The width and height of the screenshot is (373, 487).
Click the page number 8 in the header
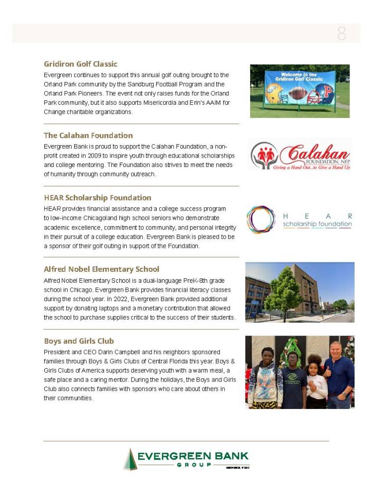[342, 33]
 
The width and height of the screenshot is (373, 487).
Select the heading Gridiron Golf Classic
[81, 64]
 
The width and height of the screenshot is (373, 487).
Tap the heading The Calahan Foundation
[88, 135]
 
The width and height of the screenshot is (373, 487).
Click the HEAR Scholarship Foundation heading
[97, 198]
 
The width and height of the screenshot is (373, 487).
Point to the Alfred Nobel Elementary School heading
[101, 269]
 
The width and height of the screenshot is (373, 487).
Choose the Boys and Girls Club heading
[79, 341]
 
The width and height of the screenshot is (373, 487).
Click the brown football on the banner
[297, 94]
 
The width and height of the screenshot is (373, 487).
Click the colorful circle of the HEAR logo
[261, 220]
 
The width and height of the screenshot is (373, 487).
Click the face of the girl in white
[315, 361]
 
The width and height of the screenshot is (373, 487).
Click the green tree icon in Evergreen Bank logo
[130, 459]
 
